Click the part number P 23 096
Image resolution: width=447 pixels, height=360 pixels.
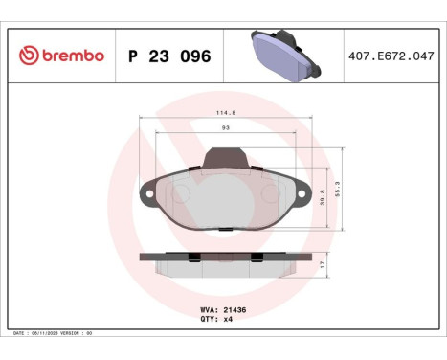pos(169,56)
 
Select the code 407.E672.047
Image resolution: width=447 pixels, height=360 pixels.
pos(391,56)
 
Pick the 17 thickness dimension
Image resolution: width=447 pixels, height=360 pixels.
pos(323,262)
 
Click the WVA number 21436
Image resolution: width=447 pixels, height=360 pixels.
pos(236,311)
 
